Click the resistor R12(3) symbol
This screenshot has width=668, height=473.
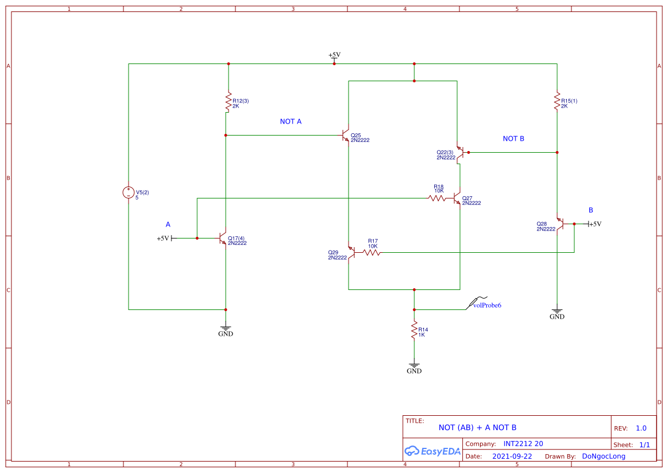[228, 101]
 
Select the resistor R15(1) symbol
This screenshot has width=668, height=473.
[557, 101]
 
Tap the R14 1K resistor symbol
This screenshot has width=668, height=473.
[414, 331]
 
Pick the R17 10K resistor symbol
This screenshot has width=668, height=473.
[371, 252]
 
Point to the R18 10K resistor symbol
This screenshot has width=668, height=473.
[437, 198]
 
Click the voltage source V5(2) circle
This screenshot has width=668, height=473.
[129, 193]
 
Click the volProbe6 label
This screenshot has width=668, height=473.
[487, 305]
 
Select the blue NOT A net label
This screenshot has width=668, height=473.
[290, 122]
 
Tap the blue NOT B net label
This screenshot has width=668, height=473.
[513, 139]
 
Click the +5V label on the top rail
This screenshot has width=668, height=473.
[334, 55]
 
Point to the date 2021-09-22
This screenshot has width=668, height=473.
[512, 456]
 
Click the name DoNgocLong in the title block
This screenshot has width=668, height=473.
[603, 456]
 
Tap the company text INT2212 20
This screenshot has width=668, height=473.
[523, 444]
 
